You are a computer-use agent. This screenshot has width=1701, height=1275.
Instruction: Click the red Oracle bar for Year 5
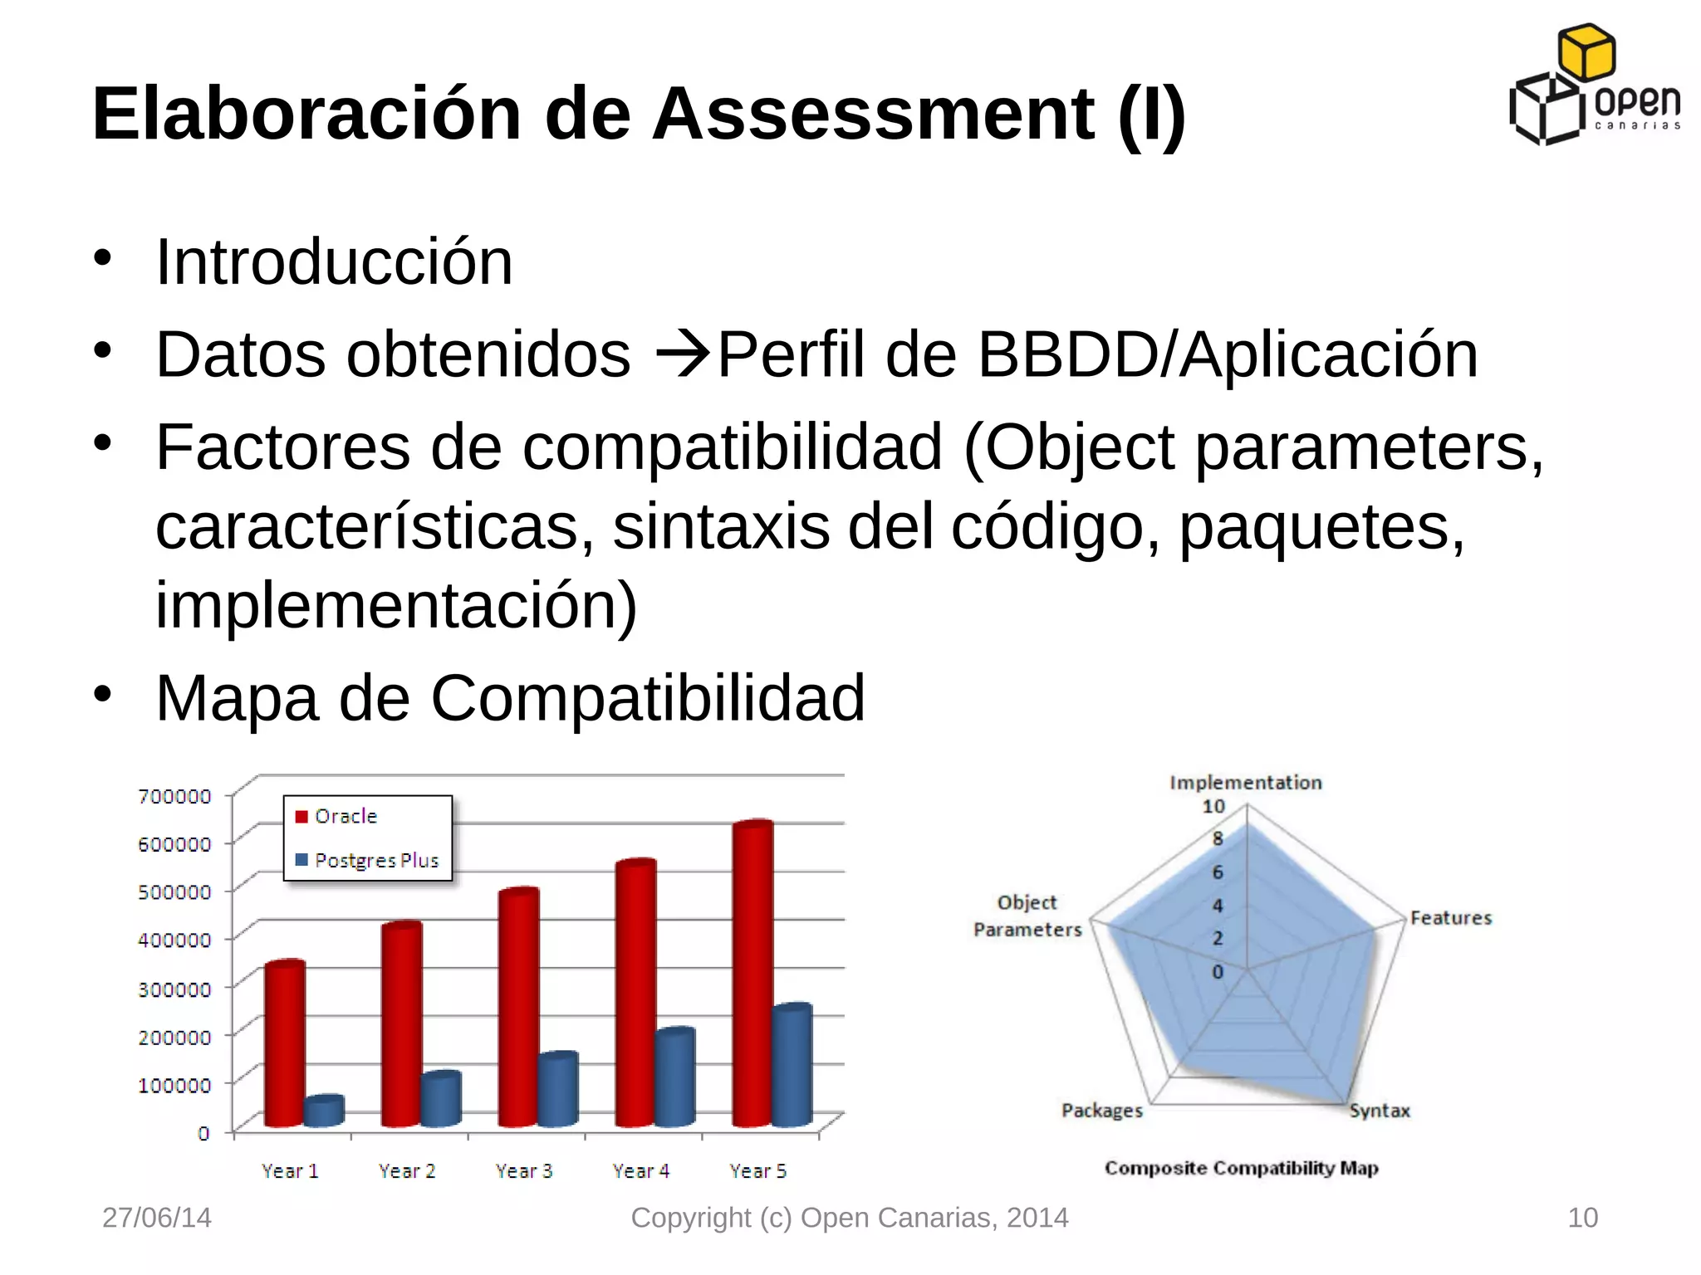(x=752, y=975)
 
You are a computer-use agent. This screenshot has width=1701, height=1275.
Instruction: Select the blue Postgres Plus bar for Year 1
(x=323, y=1111)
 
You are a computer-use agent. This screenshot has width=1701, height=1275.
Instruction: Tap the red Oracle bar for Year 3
(x=518, y=1009)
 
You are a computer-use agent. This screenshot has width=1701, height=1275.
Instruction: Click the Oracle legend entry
(x=336, y=817)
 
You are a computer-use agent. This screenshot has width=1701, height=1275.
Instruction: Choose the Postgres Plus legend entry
(x=367, y=861)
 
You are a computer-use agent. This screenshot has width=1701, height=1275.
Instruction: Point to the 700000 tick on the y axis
(x=174, y=797)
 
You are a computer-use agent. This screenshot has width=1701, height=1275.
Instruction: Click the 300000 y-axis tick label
(x=174, y=989)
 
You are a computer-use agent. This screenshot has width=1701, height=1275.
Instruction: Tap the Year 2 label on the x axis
(x=407, y=1171)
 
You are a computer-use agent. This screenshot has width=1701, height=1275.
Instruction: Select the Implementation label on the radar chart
(x=1245, y=783)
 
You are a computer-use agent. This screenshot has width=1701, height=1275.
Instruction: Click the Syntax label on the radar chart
(x=1380, y=1111)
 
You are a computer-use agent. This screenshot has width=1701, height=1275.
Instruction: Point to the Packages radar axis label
(x=1102, y=1111)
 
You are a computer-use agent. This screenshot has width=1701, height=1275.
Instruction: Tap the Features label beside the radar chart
(x=1451, y=918)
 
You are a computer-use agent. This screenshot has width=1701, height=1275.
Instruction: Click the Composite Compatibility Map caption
(x=1241, y=1169)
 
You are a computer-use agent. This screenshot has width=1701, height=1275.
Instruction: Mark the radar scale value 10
(x=1213, y=807)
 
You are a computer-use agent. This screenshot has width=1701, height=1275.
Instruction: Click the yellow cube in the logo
(x=1586, y=51)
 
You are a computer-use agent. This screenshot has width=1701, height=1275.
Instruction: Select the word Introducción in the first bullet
(x=334, y=262)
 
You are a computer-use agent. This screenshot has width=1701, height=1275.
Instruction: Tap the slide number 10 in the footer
(x=1582, y=1218)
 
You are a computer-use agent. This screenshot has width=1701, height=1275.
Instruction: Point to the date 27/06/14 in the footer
(x=157, y=1218)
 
